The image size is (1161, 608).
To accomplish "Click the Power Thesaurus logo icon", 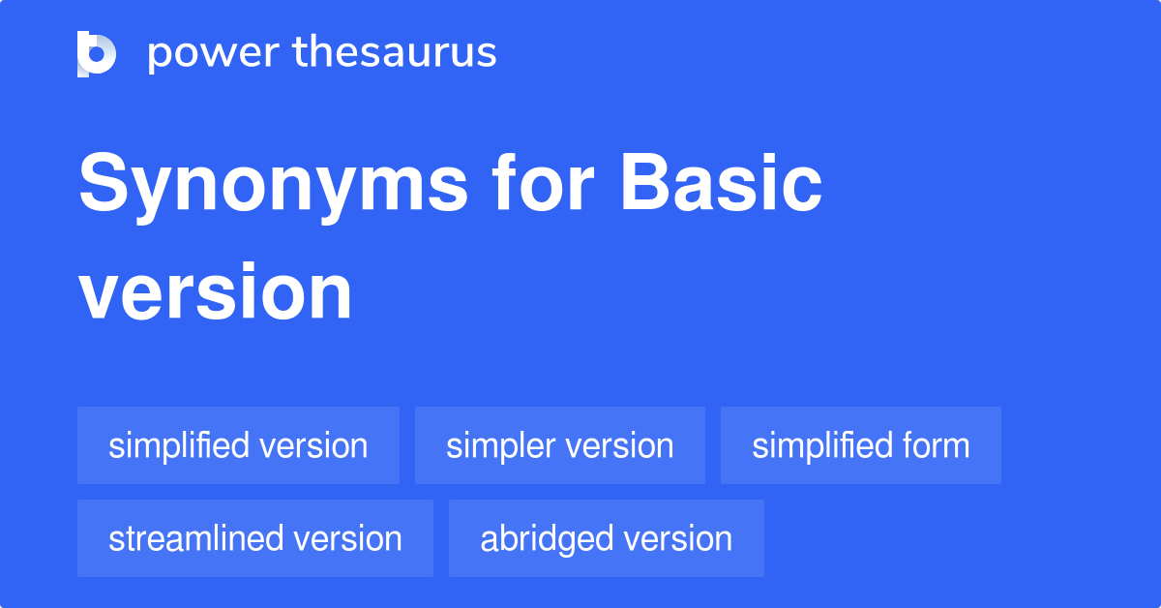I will click(x=97, y=53).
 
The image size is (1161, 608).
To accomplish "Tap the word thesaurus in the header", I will click(x=381, y=53).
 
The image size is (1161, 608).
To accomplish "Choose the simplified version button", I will click(x=238, y=446).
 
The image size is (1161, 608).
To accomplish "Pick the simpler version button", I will click(x=559, y=446).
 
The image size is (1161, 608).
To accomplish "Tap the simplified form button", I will click(x=860, y=446).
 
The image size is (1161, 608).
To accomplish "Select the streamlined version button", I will click(x=255, y=538).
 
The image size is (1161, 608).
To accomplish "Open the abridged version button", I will click(x=606, y=538).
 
